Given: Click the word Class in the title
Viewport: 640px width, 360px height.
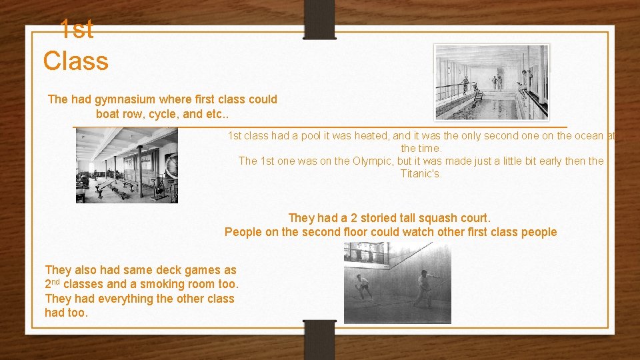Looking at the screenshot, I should pos(75,61).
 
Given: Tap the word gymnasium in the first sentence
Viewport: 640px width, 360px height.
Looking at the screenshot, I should pos(126,99).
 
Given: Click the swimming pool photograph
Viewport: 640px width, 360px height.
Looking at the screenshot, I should pos(492,82).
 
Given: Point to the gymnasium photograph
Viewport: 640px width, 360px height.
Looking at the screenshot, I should pos(127,165).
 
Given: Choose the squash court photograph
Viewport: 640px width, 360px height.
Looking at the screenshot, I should pos(397,283).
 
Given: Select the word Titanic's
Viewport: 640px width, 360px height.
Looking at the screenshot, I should pos(421,174).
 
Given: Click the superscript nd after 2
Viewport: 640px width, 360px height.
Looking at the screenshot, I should pos(58,281).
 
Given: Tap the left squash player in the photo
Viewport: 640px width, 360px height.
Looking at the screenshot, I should pos(362,285).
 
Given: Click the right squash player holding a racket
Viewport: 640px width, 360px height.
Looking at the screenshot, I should pos(423,287).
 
